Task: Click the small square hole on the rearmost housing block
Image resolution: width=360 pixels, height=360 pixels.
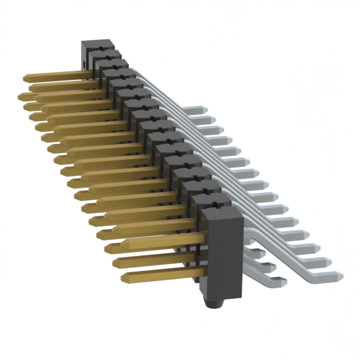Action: point(84,62)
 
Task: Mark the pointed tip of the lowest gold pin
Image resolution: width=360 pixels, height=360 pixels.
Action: point(123,277)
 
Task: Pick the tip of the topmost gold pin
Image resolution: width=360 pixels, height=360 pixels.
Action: point(25,77)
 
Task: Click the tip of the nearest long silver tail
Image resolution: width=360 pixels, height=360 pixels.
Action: point(339,275)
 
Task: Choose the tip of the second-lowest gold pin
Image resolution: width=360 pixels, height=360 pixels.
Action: point(116,263)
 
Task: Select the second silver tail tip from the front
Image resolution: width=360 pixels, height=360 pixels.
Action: point(329,260)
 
